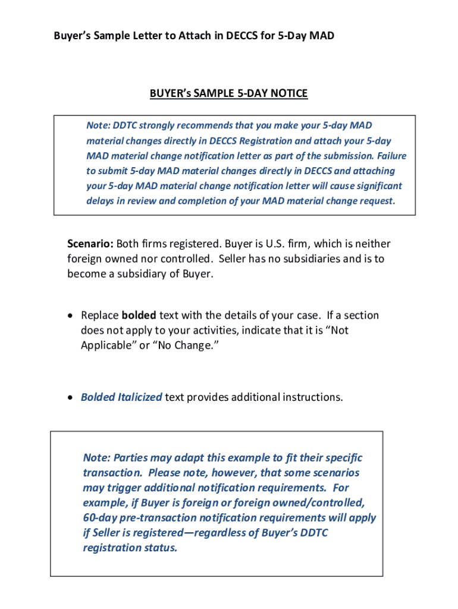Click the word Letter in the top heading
coord(148,36)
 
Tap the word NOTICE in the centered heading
coord(289,93)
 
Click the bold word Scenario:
coord(90,244)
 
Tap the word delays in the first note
coord(100,200)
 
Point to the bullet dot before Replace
coord(71,316)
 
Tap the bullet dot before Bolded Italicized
coord(71,397)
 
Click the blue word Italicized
coord(140,397)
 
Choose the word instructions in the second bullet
coord(310,397)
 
